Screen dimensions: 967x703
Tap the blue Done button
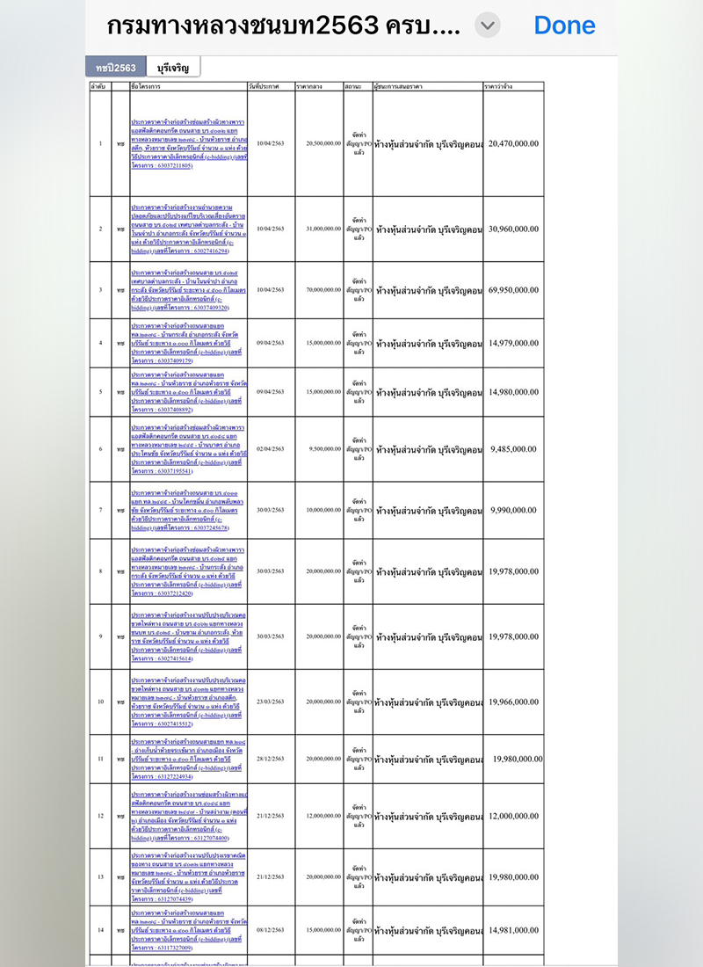tap(564, 25)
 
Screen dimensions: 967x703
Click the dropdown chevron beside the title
tap(488, 25)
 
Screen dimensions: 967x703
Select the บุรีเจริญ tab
tap(173, 67)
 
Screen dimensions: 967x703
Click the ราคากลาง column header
tap(308, 86)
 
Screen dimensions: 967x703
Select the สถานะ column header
tap(355, 86)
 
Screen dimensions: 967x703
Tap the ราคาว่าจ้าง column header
tap(500, 86)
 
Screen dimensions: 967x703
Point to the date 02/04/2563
tap(271, 449)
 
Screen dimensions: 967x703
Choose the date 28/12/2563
tap(271, 759)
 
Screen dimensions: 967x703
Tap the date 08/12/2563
tap(271, 930)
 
